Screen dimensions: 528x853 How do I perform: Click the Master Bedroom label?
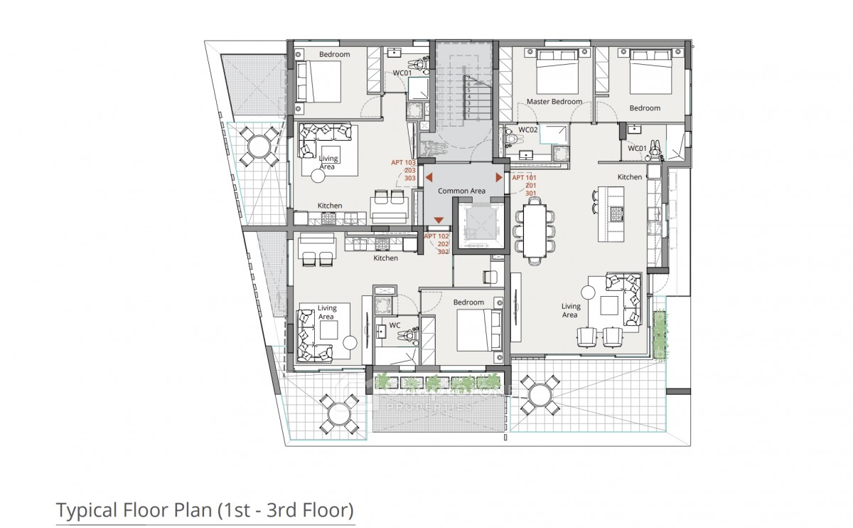coord(554,102)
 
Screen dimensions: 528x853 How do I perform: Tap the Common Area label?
coord(461,191)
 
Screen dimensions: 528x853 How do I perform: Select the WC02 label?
coord(527,130)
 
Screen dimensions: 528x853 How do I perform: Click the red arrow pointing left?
coord(429,177)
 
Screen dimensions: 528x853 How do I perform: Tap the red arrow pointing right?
coord(498,177)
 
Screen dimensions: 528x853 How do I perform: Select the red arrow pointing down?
coord(439,221)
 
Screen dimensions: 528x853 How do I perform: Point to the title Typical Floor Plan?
coord(204,510)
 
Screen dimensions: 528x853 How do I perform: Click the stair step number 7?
coord(469,78)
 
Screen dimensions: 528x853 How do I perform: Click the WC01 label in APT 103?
coord(402,73)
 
